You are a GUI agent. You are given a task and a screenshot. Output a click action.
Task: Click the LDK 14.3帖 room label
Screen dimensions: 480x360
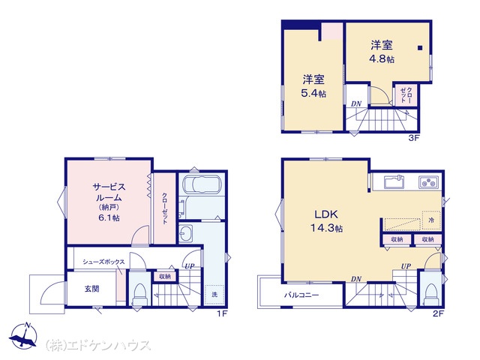327,221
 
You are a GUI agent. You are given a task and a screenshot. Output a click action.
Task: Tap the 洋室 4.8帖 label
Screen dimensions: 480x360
382,52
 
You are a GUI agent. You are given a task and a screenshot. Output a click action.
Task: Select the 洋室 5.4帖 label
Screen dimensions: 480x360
313,86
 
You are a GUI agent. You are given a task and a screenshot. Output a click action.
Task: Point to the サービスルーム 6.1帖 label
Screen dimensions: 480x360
109,202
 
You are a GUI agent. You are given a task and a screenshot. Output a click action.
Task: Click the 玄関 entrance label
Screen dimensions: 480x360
91,289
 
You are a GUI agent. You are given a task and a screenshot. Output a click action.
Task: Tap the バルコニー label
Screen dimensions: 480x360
301,295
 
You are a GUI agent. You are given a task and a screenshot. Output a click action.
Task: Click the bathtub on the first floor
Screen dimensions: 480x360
202,185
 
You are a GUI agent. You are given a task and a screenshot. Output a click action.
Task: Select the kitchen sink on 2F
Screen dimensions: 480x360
394,182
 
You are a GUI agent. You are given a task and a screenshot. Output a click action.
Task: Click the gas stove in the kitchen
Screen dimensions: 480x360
429,182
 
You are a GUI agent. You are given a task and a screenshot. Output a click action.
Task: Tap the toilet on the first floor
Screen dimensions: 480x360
139,293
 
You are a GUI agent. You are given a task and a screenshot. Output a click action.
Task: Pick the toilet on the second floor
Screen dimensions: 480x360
431,293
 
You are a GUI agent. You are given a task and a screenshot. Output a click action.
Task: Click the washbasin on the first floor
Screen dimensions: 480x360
185,234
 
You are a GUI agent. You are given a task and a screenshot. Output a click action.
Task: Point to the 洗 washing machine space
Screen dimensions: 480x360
214,295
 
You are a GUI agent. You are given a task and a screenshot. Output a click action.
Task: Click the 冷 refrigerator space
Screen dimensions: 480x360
431,220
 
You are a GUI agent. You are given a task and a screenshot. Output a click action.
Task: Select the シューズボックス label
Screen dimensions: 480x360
103,262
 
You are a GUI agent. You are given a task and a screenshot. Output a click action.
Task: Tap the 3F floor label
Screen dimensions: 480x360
413,138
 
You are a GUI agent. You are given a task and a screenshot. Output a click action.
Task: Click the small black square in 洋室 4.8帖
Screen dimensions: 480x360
420,48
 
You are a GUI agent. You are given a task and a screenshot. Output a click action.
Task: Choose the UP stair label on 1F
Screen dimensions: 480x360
190,266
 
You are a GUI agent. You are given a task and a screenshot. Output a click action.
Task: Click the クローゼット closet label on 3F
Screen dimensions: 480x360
406,95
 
